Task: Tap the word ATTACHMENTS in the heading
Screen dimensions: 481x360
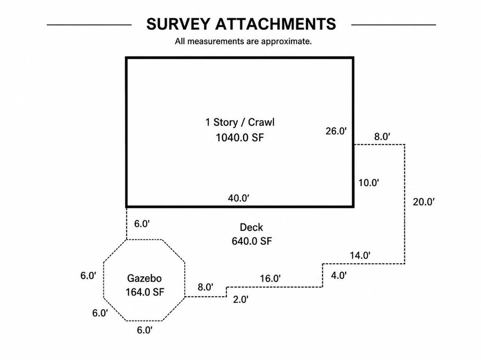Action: tap(276, 24)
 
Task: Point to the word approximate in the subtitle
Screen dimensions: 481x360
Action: tap(286, 41)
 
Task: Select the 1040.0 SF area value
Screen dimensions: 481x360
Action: tap(240, 138)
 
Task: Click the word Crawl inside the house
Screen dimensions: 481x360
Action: tap(261, 122)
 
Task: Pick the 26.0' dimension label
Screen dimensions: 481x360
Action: tap(336, 131)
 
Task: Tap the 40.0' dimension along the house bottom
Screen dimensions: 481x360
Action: tap(238, 198)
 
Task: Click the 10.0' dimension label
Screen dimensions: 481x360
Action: tap(369, 183)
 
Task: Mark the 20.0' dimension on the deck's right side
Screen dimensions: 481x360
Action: tap(424, 202)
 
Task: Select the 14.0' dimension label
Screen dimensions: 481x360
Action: tap(360, 255)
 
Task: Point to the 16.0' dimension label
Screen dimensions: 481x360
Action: tap(270, 278)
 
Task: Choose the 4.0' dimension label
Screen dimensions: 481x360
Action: tap(339, 276)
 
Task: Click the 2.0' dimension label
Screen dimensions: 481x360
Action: tap(240, 299)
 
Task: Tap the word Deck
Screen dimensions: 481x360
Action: tap(251, 227)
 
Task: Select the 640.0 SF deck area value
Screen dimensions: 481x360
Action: tap(252, 241)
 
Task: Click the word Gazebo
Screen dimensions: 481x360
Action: tap(144, 278)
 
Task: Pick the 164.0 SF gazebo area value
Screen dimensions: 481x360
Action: tap(145, 292)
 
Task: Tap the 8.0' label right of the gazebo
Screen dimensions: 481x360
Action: tap(206, 287)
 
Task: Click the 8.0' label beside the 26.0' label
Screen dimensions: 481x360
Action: tap(382, 137)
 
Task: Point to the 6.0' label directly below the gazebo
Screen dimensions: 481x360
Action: tap(145, 330)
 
